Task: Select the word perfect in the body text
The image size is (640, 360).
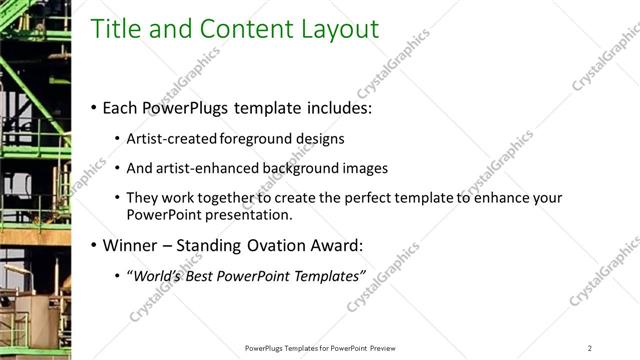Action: coord(374,198)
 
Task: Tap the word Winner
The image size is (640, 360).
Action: coord(129,244)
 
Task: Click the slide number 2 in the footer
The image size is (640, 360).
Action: coord(590,347)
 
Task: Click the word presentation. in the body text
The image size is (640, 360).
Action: coord(251,214)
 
